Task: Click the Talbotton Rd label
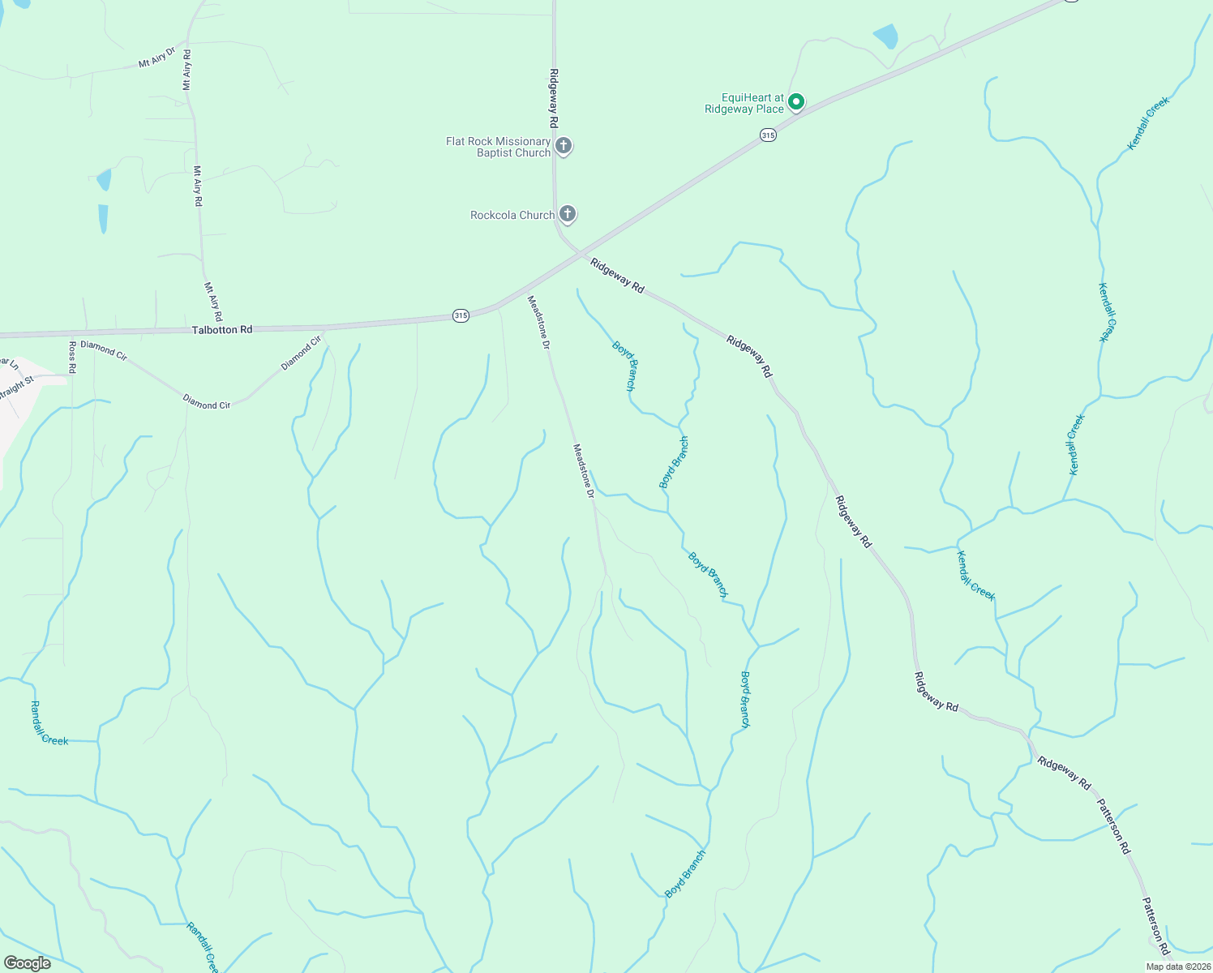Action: (222, 330)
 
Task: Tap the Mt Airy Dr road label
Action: (156, 58)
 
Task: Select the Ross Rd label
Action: (72, 357)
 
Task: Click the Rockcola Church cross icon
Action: (568, 214)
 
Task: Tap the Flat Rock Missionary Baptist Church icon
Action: (564, 147)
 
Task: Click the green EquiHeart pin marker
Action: (796, 101)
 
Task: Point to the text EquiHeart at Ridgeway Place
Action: (744, 103)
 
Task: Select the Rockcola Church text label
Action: (512, 215)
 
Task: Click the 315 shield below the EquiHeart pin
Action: (769, 135)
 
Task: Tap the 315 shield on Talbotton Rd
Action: (461, 315)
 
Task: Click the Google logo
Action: (27, 963)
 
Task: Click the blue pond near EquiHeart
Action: (886, 36)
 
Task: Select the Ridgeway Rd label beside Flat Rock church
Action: (554, 98)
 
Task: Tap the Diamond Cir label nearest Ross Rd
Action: (104, 350)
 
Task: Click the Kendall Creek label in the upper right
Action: (1148, 123)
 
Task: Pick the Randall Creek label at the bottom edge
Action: (202, 947)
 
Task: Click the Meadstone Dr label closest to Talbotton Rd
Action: (539, 322)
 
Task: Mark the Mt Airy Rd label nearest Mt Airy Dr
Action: (187, 70)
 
